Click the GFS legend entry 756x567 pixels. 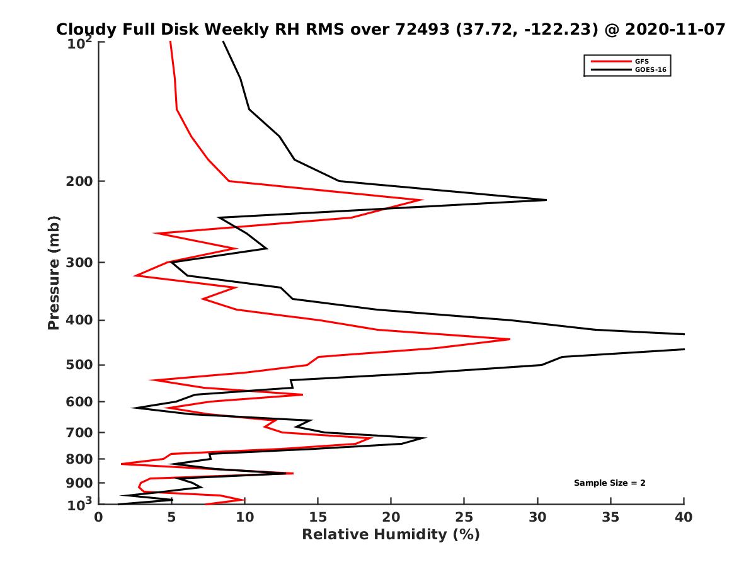[643, 61]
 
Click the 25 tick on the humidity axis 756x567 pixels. [464, 517]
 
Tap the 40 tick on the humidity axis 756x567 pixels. [684, 517]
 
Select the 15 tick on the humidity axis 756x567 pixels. [318, 517]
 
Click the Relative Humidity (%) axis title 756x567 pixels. [391, 535]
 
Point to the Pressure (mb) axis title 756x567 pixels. [54, 272]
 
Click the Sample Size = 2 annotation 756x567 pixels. [609, 483]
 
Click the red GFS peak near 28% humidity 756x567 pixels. [509, 339]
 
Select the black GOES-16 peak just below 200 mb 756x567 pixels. [546, 200]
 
